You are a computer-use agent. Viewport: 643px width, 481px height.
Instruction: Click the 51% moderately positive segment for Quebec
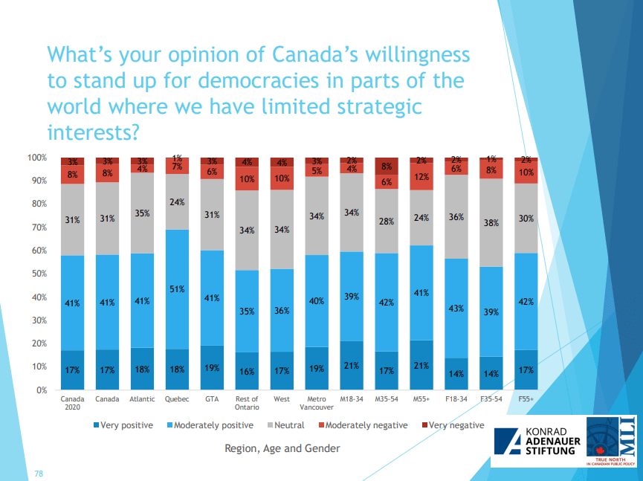click(x=177, y=289)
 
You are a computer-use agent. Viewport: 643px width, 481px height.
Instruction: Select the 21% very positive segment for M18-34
click(x=352, y=365)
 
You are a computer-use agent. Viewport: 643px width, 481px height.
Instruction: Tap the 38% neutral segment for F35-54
click(x=491, y=222)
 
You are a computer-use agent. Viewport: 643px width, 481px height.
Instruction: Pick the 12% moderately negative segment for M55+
click(x=421, y=177)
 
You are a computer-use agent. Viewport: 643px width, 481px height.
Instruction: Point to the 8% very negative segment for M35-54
click(x=387, y=167)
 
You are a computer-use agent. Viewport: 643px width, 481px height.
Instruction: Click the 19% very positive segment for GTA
click(x=212, y=367)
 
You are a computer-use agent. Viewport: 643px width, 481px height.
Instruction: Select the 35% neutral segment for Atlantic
click(x=142, y=213)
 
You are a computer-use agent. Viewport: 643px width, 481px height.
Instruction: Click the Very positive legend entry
click(x=123, y=425)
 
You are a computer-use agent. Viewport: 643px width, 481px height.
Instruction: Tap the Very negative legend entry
click(x=453, y=425)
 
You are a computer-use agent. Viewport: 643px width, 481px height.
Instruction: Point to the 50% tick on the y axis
click(x=37, y=274)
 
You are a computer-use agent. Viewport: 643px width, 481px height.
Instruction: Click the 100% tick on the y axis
click(x=36, y=158)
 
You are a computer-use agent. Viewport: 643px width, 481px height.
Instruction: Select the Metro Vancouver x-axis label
click(x=317, y=402)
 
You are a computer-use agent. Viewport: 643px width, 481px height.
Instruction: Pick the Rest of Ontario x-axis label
click(x=247, y=402)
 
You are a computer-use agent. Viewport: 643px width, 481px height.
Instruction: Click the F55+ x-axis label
click(x=526, y=398)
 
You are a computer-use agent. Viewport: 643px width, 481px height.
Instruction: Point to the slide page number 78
click(x=39, y=473)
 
